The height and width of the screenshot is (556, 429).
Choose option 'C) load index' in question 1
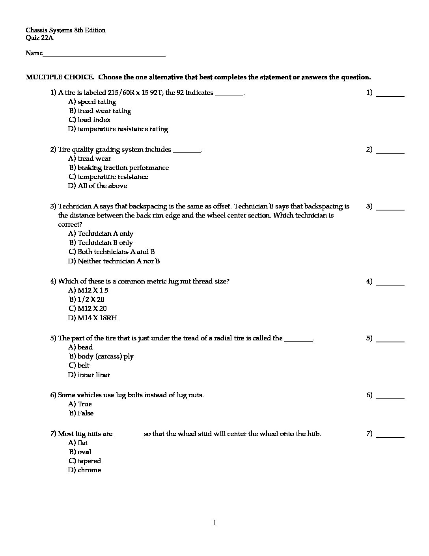pyautogui.click(x=90, y=120)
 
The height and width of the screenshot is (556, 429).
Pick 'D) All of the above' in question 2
pyautogui.click(x=97, y=186)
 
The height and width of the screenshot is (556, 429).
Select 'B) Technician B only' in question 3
pyautogui.click(x=101, y=242)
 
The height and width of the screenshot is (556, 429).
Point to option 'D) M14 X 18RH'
pyautogui.click(x=93, y=318)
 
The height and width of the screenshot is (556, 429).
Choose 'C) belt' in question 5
pyautogui.click(x=79, y=365)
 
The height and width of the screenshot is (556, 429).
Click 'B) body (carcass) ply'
pyautogui.click(x=101, y=356)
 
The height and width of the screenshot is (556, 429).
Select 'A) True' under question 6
pyautogui.click(x=80, y=404)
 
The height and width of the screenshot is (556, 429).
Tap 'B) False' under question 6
pyautogui.click(x=82, y=413)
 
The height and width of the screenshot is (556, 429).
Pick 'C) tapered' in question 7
pyautogui.click(x=85, y=461)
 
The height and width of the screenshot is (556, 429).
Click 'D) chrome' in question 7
pyautogui.click(x=84, y=470)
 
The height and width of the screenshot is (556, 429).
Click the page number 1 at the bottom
pyautogui.click(x=214, y=524)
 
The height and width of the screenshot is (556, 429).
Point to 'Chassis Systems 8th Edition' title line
pyautogui.click(x=65, y=30)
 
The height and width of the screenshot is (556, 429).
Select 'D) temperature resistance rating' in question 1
pyautogui.click(x=118, y=129)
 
